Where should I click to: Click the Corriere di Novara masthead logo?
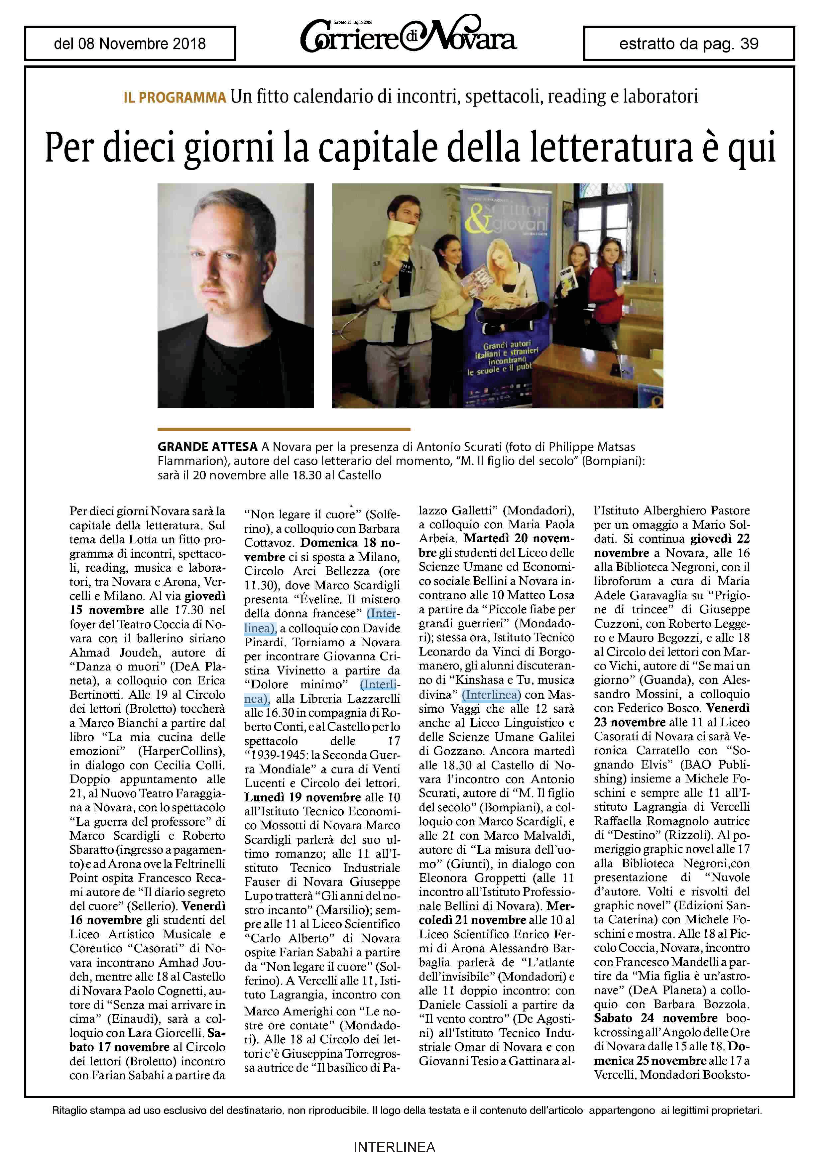point(408,37)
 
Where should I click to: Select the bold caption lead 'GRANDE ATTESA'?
point(207,447)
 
